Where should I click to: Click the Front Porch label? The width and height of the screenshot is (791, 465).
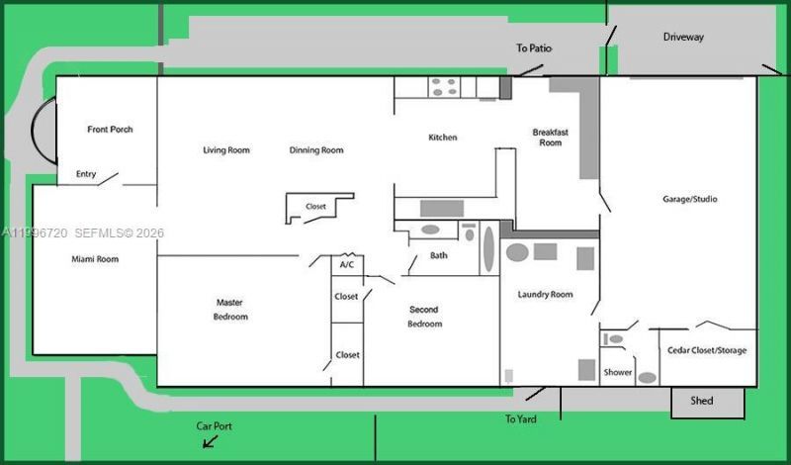pos(110,130)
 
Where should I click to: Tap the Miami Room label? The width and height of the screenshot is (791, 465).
pos(95,259)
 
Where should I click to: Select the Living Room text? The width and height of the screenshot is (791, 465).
pos(226,150)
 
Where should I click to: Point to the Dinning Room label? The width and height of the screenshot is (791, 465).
pos(316,150)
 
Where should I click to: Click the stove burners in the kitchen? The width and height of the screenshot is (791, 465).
pos(444,87)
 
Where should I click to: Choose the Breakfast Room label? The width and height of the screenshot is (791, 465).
pos(551,138)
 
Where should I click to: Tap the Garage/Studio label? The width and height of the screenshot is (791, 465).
pos(689,199)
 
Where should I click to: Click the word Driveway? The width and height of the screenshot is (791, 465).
pos(683,37)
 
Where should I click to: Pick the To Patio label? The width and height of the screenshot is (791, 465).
pos(534,47)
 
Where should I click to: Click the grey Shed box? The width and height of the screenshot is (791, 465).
pos(707,403)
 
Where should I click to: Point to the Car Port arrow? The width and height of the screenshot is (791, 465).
pos(210,442)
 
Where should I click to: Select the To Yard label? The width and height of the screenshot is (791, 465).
pos(521,419)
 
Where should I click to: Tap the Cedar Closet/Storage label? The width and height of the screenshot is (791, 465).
pos(707,350)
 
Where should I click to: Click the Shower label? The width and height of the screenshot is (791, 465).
pos(617,372)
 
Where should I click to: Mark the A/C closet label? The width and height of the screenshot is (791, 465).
pos(347,264)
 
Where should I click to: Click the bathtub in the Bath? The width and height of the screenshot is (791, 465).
pos(488,248)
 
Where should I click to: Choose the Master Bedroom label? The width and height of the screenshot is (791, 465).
pos(230,310)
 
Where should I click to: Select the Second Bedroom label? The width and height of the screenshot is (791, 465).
pos(424,317)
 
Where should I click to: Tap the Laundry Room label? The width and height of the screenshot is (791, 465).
pos(546,295)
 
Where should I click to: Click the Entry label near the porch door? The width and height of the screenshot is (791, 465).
pos(86,174)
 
